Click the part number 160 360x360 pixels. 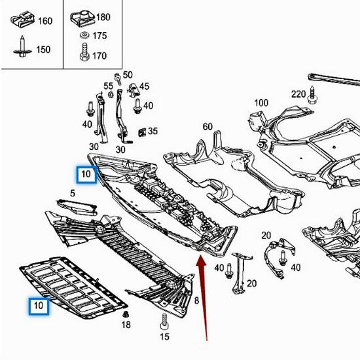click(x=45, y=21)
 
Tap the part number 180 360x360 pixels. click(x=103, y=16)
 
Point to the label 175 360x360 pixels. click(x=99, y=36)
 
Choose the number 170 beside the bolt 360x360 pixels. click(x=99, y=56)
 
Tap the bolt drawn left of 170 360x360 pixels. click(x=84, y=52)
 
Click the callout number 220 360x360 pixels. click(x=298, y=94)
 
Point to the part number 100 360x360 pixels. click(x=261, y=103)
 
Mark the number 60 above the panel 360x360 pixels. click(x=207, y=126)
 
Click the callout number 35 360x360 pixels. click(x=153, y=131)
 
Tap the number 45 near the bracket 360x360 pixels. click(x=144, y=86)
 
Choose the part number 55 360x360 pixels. click(x=108, y=86)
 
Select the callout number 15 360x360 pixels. click(x=164, y=336)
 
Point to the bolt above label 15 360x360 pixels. click(x=164, y=321)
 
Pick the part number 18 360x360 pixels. click(x=126, y=325)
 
